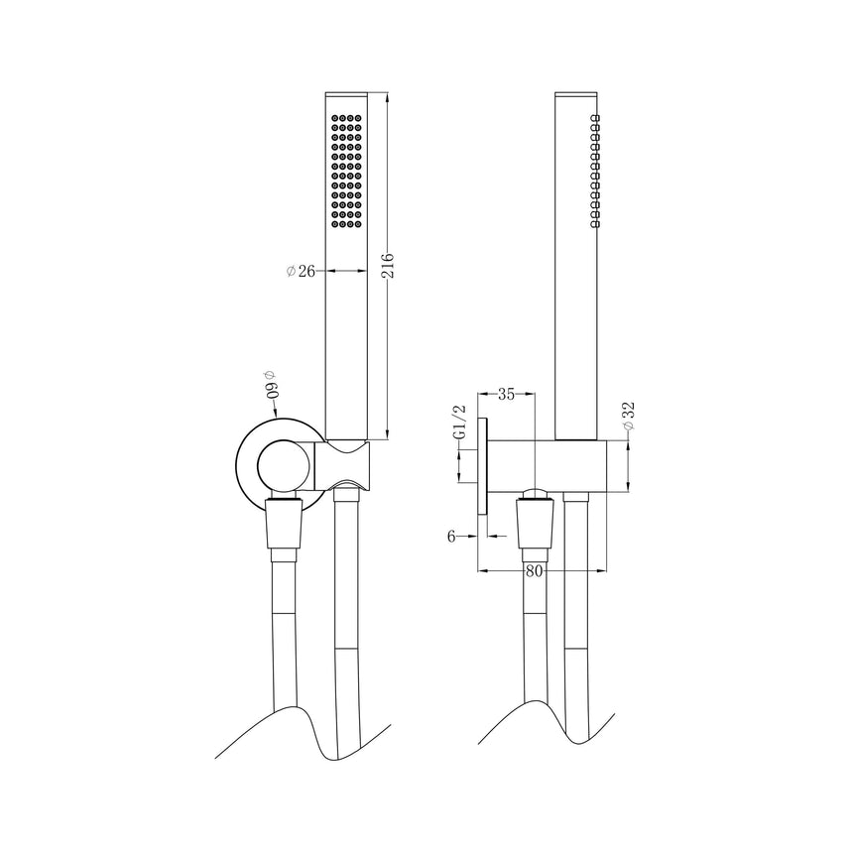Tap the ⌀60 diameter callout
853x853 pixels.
pyautogui.click(x=271, y=384)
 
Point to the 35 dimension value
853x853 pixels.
pyautogui.click(x=506, y=395)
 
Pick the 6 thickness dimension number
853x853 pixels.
pyautogui.click(x=451, y=536)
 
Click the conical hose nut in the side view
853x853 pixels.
pyautogui.click(x=534, y=526)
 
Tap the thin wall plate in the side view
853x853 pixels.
pyautogui.click(x=483, y=465)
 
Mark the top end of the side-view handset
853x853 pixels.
pyautogui.click(x=576, y=95)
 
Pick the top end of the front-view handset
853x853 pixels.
pyautogui.click(x=347, y=95)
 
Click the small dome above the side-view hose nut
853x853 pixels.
pyautogui.click(x=535, y=494)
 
